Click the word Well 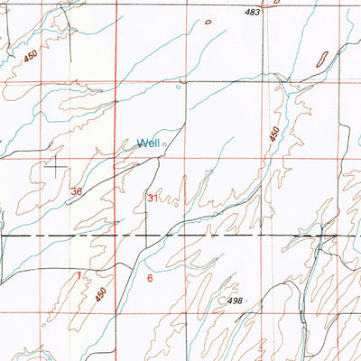pos(148,143)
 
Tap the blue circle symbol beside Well pos(164,143)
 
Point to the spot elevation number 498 pos(236,301)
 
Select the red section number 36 pos(77,191)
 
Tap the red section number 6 pos(150,278)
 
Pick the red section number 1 pos(79,274)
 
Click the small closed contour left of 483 pos(208,21)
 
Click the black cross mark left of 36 pos(56,166)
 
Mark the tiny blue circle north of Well pos(178,88)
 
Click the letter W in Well pos(141,143)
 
